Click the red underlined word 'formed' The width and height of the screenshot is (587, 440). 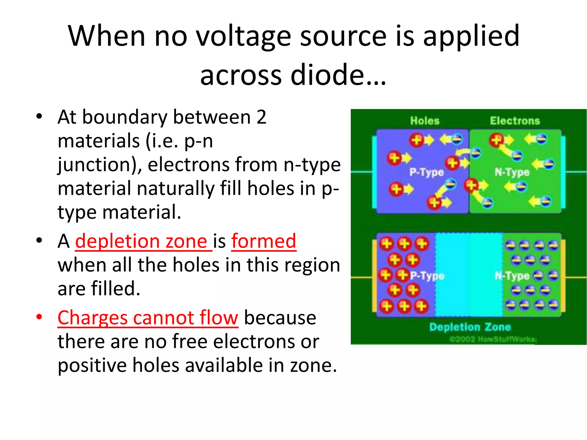(264, 241)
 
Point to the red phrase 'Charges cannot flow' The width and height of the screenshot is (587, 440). (148, 318)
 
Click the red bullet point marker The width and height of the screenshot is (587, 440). (39, 317)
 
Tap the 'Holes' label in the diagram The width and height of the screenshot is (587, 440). (424, 121)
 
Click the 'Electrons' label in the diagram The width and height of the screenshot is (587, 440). (515, 121)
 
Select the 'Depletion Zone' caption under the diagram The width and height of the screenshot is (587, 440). (470, 327)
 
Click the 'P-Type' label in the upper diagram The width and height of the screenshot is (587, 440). (426, 172)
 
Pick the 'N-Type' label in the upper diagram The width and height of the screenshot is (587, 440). (512, 172)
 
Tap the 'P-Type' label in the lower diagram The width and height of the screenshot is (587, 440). (427, 276)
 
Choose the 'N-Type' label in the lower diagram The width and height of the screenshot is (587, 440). (512, 276)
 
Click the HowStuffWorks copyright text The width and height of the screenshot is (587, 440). (492, 339)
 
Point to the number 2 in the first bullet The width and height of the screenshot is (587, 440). (261, 117)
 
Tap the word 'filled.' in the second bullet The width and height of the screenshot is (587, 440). (116, 289)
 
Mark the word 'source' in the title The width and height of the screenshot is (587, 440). (343, 37)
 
